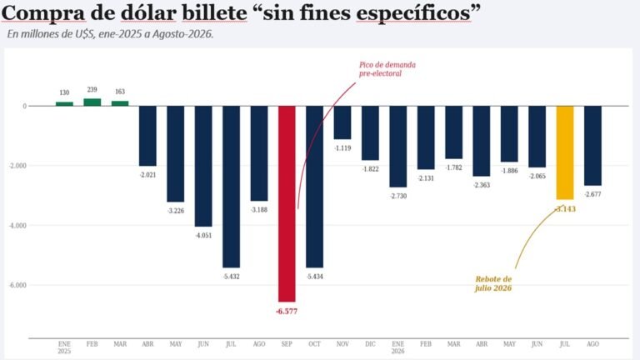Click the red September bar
click(287, 203)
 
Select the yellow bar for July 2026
click(565, 152)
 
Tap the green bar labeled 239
click(92, 102)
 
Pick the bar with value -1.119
click(342, 122)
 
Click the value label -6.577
click(287, 311)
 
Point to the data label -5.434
click(315, 277)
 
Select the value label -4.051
click(203, 235)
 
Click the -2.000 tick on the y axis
click(18, 166)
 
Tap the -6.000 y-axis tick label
click(18, 285)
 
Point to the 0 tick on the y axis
click(24, 106)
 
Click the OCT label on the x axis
click(315, 344)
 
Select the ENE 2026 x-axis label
click(398, 347)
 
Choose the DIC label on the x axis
click(370, 344)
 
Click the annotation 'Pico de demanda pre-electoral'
click(387, 69)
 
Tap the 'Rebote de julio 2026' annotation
click(493, 283)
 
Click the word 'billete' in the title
click(214, 13)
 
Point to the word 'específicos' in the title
click(413, 14)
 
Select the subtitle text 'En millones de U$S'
click(51, 34)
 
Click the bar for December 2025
click(370, 133)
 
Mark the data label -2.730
click(398, 196)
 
